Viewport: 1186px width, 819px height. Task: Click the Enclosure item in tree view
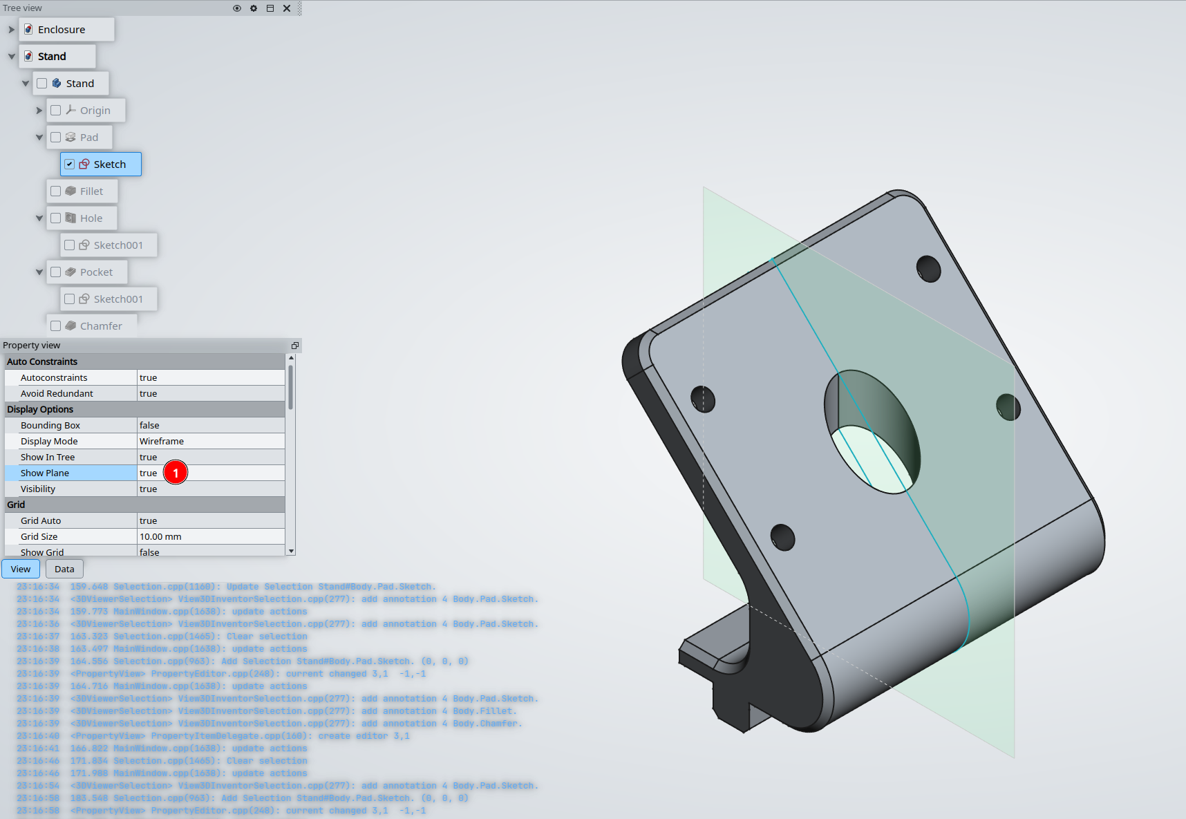coord(62,30)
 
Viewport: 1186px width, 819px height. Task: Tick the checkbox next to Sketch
coord(70,164)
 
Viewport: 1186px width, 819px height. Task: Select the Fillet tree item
coord(91,191)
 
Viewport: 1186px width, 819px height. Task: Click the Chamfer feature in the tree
coord(101,326)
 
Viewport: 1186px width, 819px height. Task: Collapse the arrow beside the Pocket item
coord(39,272)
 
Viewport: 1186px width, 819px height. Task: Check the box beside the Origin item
coord(56,111)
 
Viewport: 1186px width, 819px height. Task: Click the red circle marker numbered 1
coord(176,473)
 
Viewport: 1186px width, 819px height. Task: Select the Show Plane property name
coord(45,473)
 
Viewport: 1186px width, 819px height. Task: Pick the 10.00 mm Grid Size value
coord(160,537)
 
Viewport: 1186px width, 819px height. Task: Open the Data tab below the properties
coord(64,569)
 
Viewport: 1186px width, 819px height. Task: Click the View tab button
coord(21,569)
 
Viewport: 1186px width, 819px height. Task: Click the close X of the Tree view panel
coord(287,8)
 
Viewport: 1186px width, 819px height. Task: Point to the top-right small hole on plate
coord(928,269)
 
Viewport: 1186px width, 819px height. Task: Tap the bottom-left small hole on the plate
coord(782,537)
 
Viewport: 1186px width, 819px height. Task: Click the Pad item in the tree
coord(89,138)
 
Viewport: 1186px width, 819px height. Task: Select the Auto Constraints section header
coord(42,361)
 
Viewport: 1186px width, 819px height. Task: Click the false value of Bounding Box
coord(149,426)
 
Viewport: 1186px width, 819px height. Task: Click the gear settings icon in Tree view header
coord(254,8)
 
